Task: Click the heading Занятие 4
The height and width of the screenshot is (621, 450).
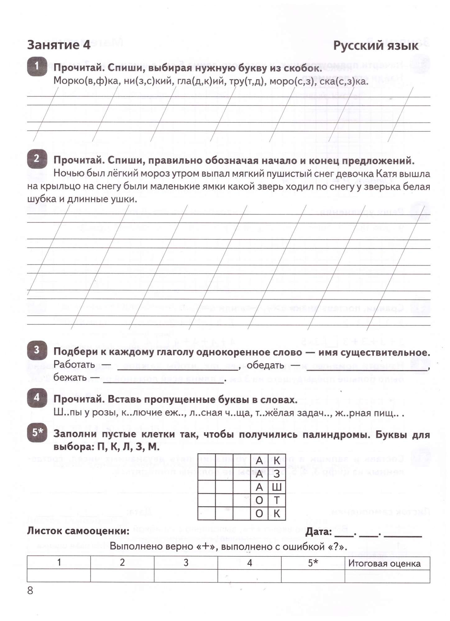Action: (59, 45)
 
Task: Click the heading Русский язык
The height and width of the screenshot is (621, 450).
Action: (376, 46)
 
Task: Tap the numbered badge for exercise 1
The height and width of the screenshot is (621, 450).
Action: (37, 66)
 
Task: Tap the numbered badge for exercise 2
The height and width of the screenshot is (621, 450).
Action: (37, 159)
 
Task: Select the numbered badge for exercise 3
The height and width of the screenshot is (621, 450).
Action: (37, 350)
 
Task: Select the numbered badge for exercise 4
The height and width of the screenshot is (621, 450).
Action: (37, 398)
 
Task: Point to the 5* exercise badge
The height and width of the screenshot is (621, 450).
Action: (37, 432)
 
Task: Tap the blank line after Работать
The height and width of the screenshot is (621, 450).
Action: (177, 369)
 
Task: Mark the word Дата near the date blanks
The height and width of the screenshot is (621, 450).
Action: (319, 532)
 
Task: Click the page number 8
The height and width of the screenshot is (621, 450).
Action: (30, 590)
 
